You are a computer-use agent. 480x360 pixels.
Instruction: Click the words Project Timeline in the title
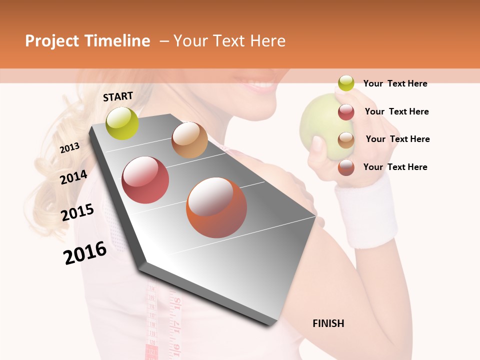[x=87, y=41]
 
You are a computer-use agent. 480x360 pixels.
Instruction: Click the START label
[x=118, y=96]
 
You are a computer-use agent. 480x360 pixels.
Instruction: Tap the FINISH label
[x=328, y=323]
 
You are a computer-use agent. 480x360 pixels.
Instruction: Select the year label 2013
[x=69, y=148]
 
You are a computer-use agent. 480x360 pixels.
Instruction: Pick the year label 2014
[x=73, y=177]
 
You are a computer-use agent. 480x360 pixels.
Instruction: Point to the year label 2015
[x=77, y=212]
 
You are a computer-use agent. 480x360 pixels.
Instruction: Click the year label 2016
[x=85, y=252]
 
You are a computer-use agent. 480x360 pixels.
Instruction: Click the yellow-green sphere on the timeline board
[x=122, y=123]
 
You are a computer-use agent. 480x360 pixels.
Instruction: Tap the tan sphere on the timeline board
[x=189, y=140]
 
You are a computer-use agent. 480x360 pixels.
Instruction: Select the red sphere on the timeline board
[x=145, y=180]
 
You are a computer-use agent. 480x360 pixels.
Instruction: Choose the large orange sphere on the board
[x=216, y=207]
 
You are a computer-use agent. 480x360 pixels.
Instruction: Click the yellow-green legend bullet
[x=346, y=83]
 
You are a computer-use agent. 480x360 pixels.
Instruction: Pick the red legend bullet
[x=346, y=111]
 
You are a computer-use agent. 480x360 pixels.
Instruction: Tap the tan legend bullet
[x=346, y=139]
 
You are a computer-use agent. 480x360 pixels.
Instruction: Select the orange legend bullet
[x=346, y=167]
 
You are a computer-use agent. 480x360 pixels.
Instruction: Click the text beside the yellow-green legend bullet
[x=395, y=83]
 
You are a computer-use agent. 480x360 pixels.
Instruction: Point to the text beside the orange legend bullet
[x=395, y=167]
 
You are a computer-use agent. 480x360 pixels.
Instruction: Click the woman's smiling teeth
[x=260, y=86]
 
